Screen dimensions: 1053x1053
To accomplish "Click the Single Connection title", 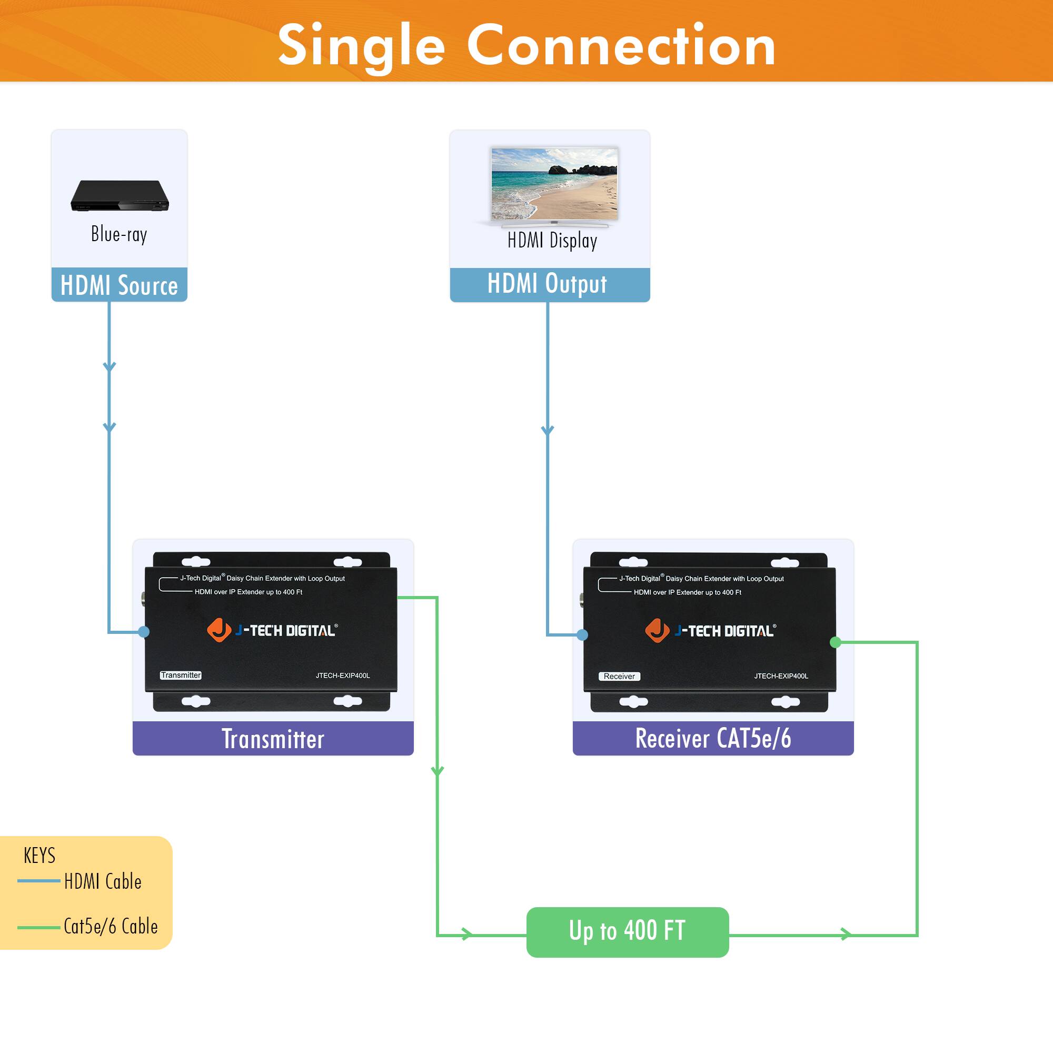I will pos(526,46).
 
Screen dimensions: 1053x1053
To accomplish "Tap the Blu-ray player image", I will pos(120,196).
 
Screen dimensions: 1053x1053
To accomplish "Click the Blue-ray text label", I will pos(119,234).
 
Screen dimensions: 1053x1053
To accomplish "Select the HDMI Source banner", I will pos(119,285).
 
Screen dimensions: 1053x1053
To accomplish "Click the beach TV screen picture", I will pos(554,184).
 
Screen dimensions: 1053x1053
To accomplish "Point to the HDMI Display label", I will pos(552,241).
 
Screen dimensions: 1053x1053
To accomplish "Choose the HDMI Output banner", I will pos(549,284).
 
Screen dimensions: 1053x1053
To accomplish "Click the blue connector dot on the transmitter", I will pos(144,632).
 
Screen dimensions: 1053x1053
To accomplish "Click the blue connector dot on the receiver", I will pos(583,634).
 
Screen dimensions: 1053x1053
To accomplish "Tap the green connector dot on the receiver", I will pos(835,642).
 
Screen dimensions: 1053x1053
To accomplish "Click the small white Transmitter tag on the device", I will pos(181,675).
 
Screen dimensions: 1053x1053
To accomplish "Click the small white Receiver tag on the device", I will pos(619,677).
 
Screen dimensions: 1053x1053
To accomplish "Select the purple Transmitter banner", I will pos(273,739).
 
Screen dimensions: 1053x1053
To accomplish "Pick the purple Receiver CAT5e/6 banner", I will pos(713,739).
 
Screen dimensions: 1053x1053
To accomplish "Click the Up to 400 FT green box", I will pos(628,931).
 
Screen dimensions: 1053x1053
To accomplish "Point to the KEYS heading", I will pos(39,856).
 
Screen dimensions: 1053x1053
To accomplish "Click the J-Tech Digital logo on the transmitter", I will pos(273,631).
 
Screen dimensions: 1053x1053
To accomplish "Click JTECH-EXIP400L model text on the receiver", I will pos(781,676).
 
